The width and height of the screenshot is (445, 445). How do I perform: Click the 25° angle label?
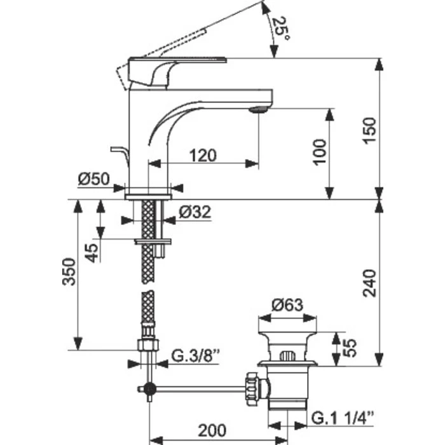pos(280,29)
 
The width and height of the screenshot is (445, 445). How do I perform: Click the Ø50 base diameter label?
pos(93,180)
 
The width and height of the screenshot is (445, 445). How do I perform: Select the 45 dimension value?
pos(92,254)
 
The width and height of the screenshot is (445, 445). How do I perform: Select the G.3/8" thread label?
pos(196,362)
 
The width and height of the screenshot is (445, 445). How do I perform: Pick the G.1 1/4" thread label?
pos(343,418)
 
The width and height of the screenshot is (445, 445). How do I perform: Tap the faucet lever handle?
pos(150,72)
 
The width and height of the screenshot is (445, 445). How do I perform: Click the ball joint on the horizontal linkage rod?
pos(147,389)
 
